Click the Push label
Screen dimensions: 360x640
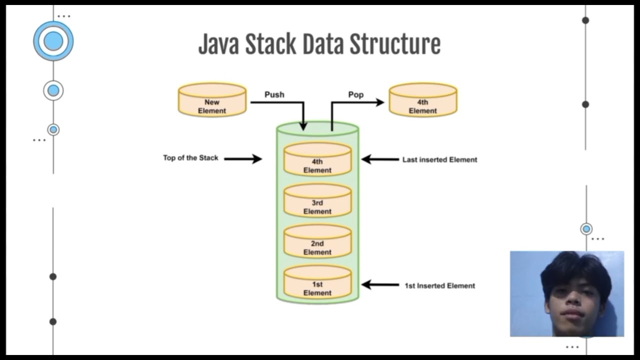[x=274, y=94]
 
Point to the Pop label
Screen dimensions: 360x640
[x=355, y=94]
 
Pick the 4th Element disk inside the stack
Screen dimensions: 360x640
[x=317, y=160]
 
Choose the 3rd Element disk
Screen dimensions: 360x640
[x=317, y=201]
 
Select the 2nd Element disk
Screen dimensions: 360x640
[x=317, y=242]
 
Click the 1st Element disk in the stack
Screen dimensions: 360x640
[x=317, y=283]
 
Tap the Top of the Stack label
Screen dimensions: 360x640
[x=190, y=158]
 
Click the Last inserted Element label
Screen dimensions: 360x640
[x=439, y=160]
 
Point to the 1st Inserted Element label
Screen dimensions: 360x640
[x=439, y=286]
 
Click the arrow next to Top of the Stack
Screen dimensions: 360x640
[x=243, y=159]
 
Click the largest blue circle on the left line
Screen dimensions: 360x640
[x=53, y=41]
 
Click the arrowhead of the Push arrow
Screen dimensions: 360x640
[x=303, y=126]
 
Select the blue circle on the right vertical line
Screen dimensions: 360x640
[x=586, y=229]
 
